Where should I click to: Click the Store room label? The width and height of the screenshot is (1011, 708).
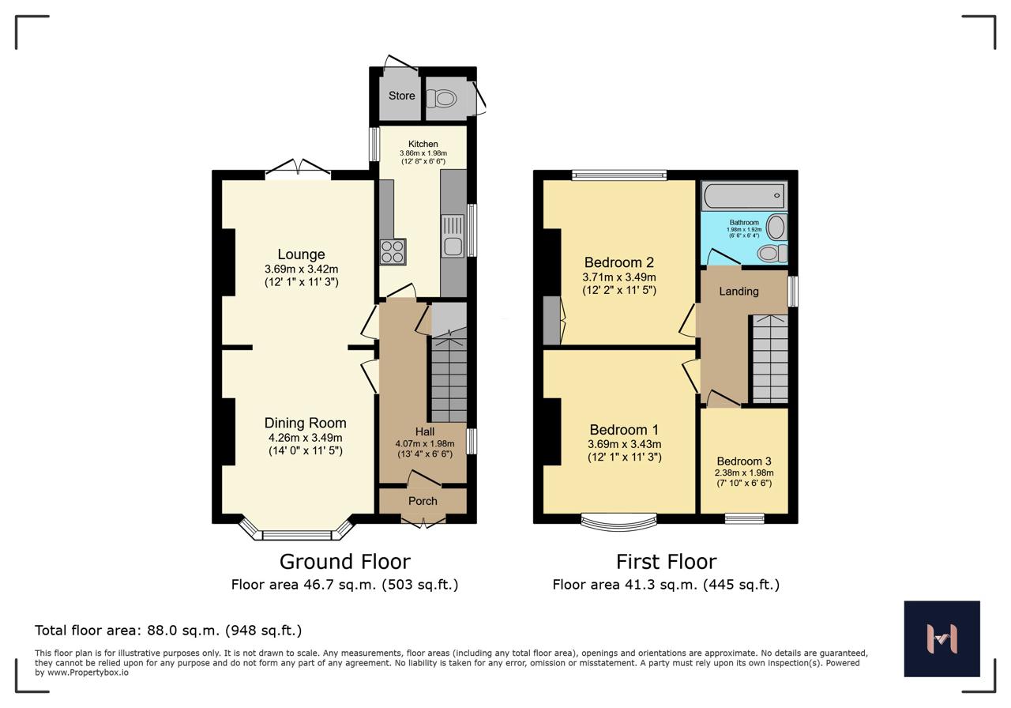pos(402,96)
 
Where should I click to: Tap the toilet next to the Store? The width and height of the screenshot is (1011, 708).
pos(442,99)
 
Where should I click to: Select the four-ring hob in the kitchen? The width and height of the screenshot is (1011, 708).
pos(393,251)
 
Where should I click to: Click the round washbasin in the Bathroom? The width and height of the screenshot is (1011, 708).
pos(776,227)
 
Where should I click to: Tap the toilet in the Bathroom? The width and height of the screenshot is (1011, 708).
pos(772,254)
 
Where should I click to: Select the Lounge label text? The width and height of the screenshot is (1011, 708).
pos(301,254)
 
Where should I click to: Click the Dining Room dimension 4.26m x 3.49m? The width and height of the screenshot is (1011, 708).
pos(305,438)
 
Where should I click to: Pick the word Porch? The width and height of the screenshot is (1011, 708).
pos(423,501)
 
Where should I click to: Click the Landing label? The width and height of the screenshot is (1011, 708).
pos(739,292)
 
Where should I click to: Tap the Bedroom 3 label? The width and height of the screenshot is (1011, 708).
pos(744,461)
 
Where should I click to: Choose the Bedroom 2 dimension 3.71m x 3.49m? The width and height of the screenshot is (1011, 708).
pos(618,277)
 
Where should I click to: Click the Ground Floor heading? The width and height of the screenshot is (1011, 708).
pos(345,562)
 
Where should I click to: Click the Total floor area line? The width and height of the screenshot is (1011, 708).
pos(168,631)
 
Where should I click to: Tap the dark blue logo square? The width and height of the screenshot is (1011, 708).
pos(942,638)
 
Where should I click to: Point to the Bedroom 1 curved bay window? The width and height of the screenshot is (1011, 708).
pos(618,522)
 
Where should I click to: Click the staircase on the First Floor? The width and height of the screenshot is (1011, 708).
pos(770,359)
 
